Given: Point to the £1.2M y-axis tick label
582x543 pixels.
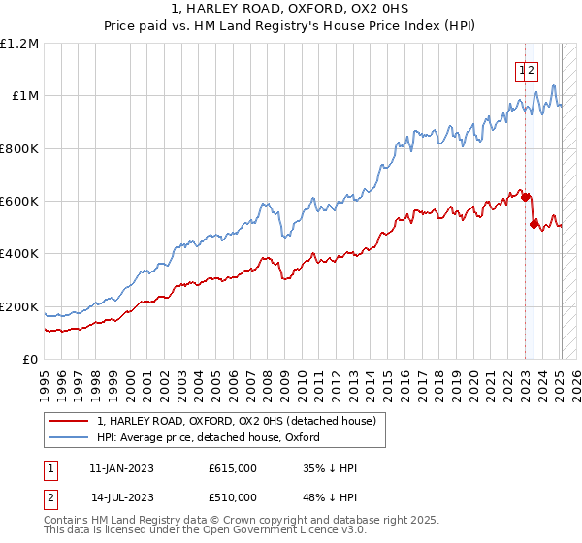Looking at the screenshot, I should pos(20,44).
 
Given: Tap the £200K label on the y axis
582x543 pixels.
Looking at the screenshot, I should pos(20,306).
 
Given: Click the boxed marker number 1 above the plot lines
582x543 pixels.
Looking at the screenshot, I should pos(522,70).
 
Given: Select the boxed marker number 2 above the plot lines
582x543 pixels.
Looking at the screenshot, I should pos(533,70).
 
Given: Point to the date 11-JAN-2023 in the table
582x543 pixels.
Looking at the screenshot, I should pos(121,468).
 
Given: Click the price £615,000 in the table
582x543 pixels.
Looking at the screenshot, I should pos(233,468).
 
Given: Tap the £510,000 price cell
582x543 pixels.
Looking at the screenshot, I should pos(233,497).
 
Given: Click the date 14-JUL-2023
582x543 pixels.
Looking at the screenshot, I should pos(121,497).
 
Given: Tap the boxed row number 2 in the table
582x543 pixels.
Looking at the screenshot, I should pos(48,497).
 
